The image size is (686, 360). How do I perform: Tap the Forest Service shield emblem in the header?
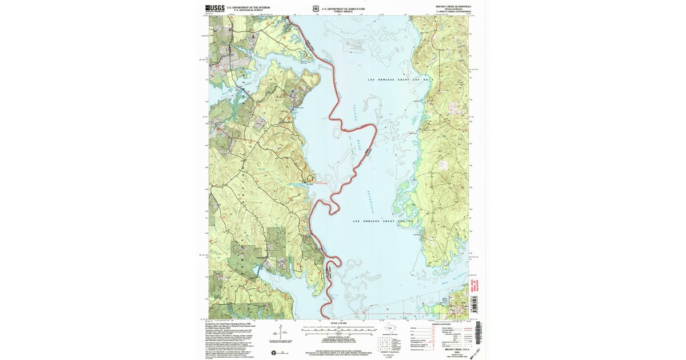[316, 9]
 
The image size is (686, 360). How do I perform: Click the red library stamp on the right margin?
[473, 283]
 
